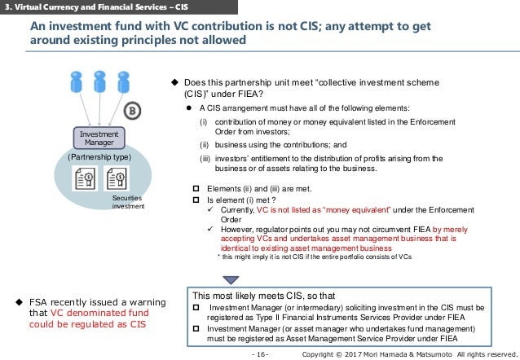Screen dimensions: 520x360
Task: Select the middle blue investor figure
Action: point(100,82)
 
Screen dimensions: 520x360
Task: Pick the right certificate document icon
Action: point(116,178)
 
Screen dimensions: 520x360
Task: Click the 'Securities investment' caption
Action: point(126,201)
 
